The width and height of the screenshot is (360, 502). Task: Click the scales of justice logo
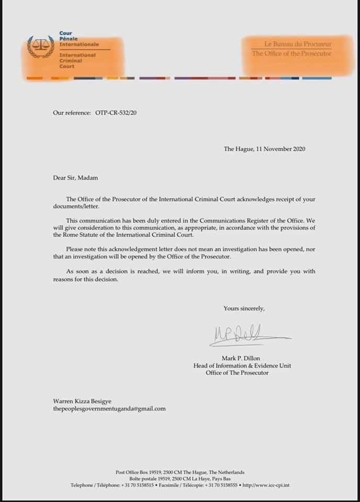coord(40,47)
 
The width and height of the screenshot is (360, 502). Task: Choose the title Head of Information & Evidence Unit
coord(242,366)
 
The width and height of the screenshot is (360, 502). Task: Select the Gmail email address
coord(109,408)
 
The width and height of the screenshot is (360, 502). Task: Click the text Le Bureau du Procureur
coord(298,45)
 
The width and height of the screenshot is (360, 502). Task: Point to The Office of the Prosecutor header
coord(291,53)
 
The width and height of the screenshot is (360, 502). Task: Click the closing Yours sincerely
coord(244,309)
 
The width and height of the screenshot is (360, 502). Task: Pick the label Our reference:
coord(72,112)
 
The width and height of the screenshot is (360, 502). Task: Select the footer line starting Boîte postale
coord(179,479)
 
